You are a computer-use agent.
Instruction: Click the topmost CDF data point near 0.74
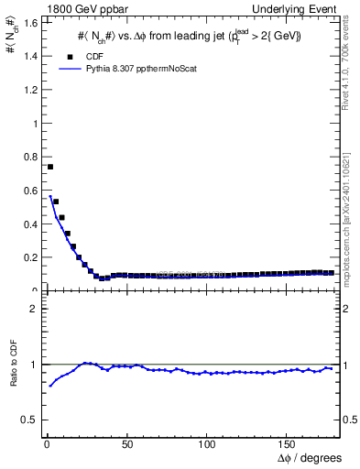tap(50, 167)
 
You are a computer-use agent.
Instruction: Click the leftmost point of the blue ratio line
tap(50, 386)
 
